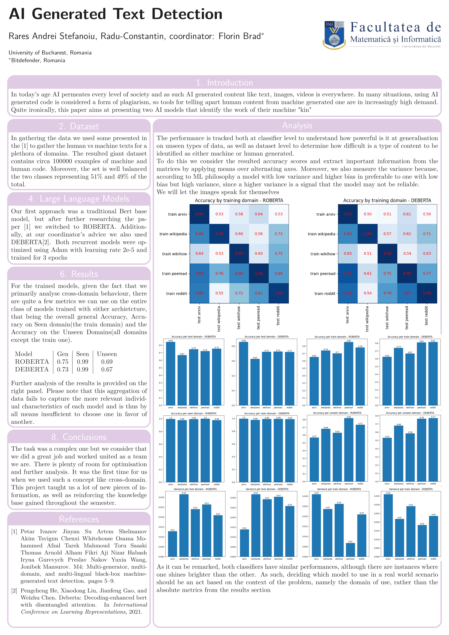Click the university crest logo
(334, 35)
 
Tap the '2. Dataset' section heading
(79, 126)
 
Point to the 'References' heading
(79, 519)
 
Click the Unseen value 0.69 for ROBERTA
(107, 362)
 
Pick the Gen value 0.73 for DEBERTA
(63, 369)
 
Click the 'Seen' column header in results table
(82, 354)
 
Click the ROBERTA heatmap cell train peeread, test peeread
(259, 273)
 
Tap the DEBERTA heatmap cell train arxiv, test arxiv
(348, 214)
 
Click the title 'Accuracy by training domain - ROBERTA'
(239, 200)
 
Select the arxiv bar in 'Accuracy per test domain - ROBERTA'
(171, 373)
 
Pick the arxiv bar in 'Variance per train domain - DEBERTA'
(388, 525)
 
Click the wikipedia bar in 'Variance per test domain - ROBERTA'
(184, 525)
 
